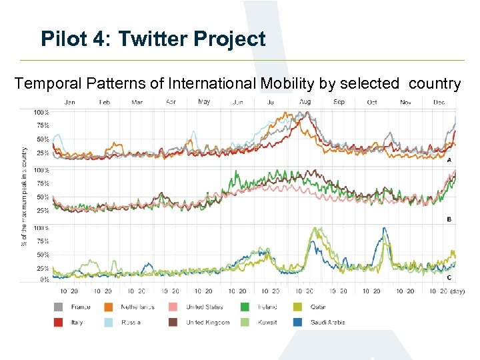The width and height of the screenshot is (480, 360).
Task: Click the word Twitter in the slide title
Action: (155, 39)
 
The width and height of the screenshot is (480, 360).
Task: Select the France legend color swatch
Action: (58, 307)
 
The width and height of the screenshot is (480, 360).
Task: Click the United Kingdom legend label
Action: (207, 323)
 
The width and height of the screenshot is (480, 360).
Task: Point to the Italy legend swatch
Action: (58, 323)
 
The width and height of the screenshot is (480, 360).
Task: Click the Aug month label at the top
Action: (305, 102)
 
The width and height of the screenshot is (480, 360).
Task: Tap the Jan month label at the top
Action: (69, 102)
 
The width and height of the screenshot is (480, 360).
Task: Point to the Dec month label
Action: (439, 102)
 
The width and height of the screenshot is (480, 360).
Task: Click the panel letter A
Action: (449, 161)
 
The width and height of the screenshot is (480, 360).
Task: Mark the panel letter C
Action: (449, 277)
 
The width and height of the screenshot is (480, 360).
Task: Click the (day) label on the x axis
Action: (457, 291)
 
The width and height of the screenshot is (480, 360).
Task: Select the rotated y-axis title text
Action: (25, 196)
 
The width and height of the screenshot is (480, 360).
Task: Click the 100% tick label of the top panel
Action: (41, 112)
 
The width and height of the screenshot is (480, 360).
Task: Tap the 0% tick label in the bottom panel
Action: (44, 279)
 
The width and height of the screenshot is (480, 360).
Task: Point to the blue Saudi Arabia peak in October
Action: (383, 230)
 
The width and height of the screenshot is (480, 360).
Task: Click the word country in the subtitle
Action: (435, 83)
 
